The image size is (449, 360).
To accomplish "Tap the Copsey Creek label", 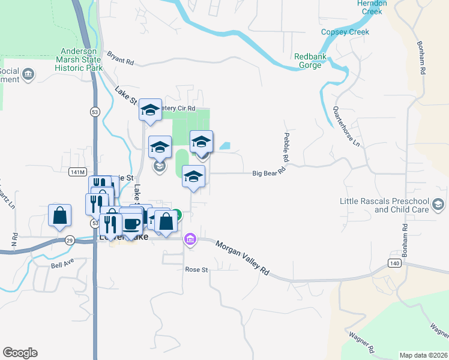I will [345, 32].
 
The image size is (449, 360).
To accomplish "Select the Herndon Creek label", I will [372, 7].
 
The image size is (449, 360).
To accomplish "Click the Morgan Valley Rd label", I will [243, 259].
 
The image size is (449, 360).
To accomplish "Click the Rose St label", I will [196, 269].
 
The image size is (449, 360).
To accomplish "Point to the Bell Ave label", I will [62, 265].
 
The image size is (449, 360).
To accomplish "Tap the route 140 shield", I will [394, 263].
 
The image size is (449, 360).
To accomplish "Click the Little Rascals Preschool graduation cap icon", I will [439, 205].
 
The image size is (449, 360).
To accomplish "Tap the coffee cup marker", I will [131, 224].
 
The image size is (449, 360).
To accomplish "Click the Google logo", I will [20, 353].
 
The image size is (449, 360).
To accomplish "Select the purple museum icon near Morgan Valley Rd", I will [190, 240].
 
